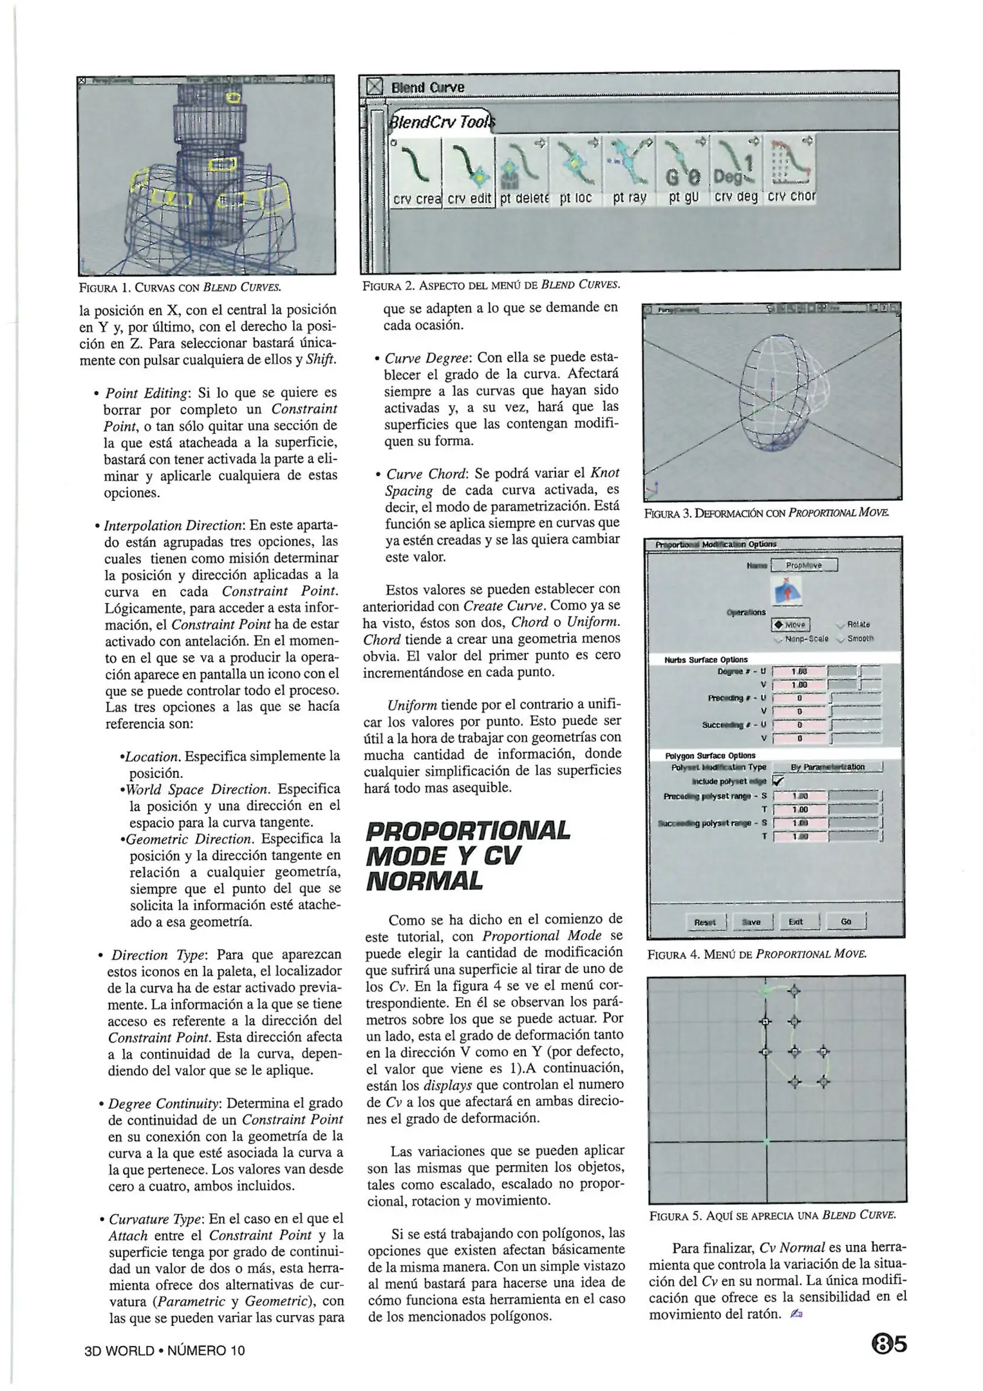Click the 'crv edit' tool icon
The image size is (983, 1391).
point(469,173)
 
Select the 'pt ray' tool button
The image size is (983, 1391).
point(630,173)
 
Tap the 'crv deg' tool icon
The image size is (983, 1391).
point(736,173)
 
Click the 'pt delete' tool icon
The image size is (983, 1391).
point(522,173)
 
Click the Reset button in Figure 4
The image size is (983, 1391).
point(705,922)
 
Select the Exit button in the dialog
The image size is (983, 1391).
point(796,922)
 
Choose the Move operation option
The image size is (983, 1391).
point(791,625)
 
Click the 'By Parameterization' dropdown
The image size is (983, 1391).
point(827,767)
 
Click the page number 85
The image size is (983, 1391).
point(888,1345)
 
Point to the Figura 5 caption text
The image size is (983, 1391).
point(772,1216)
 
